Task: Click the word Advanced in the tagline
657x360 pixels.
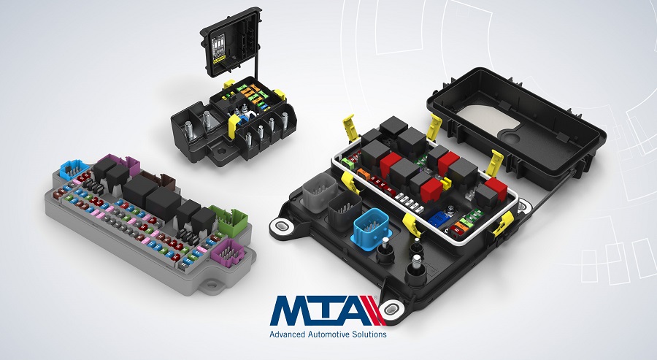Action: (288, 334)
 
